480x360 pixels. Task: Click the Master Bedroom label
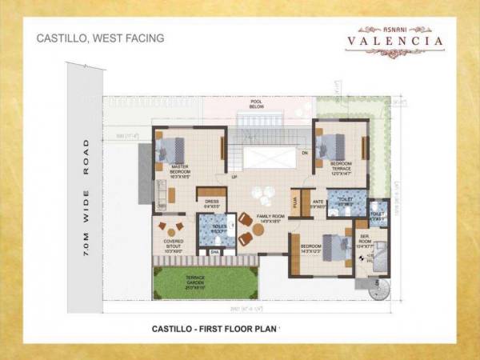pos(180,170)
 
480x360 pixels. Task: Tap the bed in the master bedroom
pos(171,149)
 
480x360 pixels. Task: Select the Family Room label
pos(270,218)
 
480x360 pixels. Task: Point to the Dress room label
pos(212,203)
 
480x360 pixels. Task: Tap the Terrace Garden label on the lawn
pos(195,280)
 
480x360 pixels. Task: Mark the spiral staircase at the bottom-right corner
pos(378,289)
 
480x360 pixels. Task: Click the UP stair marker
pos(234,177)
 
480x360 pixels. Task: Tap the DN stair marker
pos(304,151)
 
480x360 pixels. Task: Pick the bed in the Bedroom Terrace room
pos(330,146)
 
